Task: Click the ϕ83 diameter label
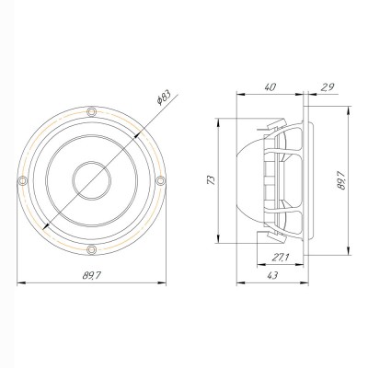[x=163, y=97]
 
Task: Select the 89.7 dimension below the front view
[x=91, y=276]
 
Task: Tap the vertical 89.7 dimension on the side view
[x=340, y=180]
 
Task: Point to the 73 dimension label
[x=212, y=179]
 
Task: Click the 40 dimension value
[x=270, y=87]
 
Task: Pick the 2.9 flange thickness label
[x=328, y=87]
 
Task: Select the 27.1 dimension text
[x=281, y=258]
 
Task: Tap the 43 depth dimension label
[x=272, y=276]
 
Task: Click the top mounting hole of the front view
[x=91, y=111]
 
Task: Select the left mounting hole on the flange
[x=22, y=180]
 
